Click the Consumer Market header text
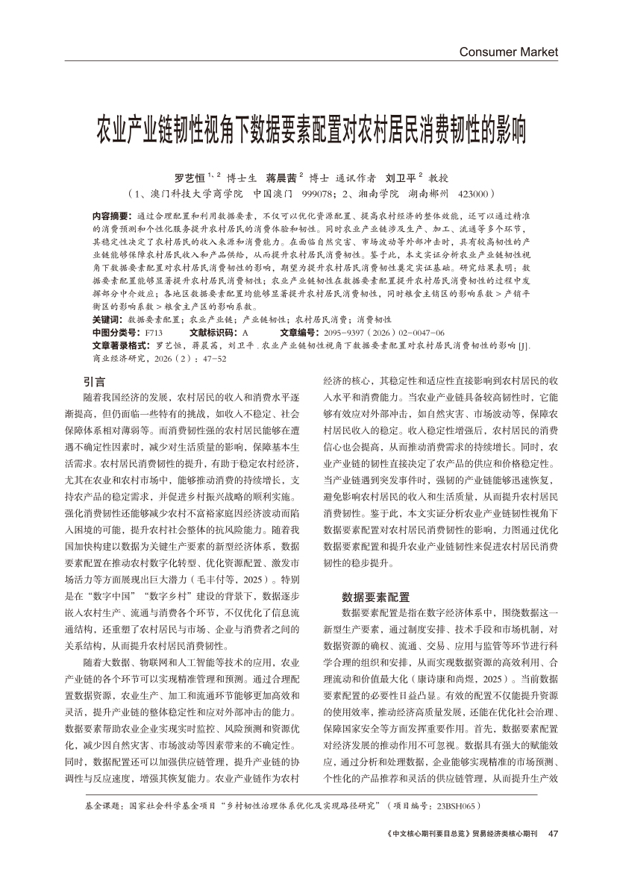[508, 51]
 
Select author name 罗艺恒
[190, 178]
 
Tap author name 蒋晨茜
[281, 178]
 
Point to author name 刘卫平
[401, 178]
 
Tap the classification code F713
[154, 331]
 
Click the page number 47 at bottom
[553, 832]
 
